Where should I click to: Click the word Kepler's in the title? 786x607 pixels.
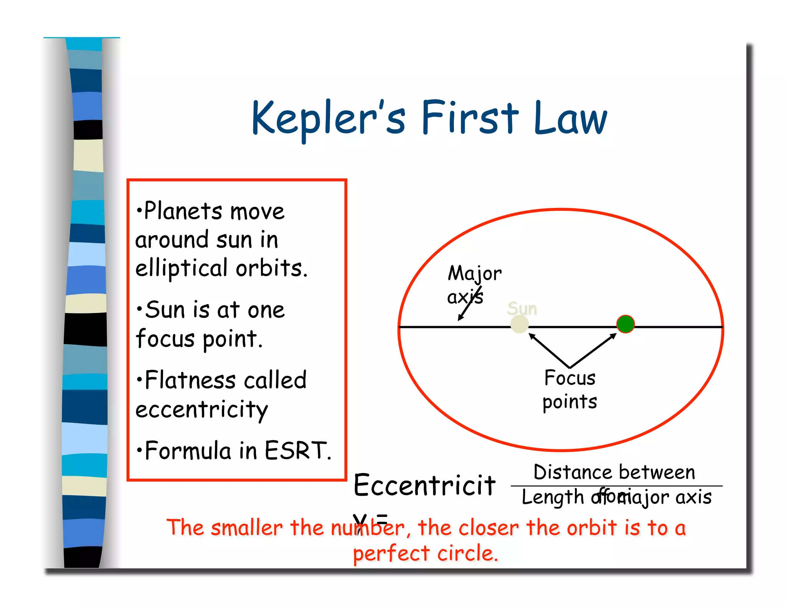tap(328, 118)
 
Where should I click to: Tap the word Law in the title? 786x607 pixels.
tap(570, 118)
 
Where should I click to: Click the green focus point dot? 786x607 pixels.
tap(625, 324)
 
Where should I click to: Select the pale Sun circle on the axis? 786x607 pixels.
tap(520, 325)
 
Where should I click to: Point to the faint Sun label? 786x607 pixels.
tap(522, 308)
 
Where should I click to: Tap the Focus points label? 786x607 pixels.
tap(570, 389)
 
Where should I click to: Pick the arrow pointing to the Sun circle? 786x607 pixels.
tap(549, 350)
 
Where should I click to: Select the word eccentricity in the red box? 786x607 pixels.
tap(201, 410)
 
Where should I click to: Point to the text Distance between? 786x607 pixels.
tap(614, 472)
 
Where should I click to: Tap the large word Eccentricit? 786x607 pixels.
tap(424, 485)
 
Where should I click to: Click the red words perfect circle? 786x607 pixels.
tap(425, 553)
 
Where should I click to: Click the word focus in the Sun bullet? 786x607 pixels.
tap(165, 339)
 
